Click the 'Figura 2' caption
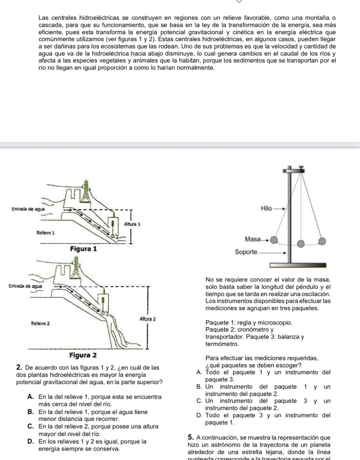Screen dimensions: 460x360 pyautogui.click(x=83, y=355)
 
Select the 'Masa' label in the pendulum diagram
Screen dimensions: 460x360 pyautogui.click(x=252, y=239)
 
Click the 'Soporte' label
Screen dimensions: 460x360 pyautogui.click(x=246, y=252)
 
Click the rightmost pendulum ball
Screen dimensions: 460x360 pyautogui.click(x=323, y=241)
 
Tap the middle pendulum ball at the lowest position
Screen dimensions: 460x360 pyautogui.click(x=301, y=244)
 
